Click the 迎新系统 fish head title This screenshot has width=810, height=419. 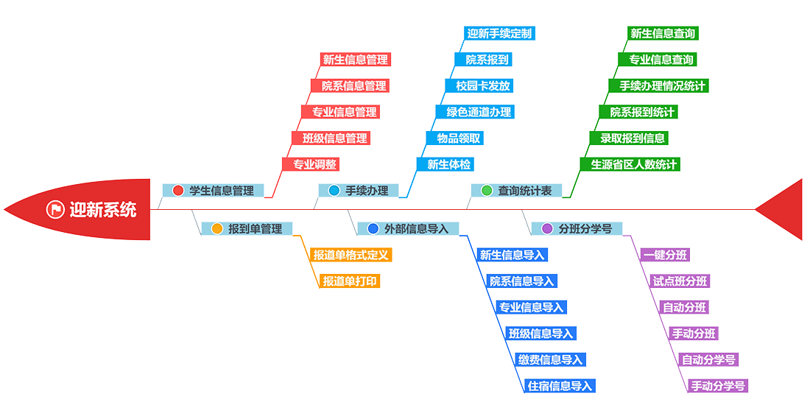102,209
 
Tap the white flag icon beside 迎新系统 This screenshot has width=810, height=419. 55,209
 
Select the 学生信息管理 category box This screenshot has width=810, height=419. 213,191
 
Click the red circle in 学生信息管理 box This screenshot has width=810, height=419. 177,191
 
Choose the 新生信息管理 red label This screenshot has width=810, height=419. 355,60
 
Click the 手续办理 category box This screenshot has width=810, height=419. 359,191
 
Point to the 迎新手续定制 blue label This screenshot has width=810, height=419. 499,33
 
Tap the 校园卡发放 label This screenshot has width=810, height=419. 482,85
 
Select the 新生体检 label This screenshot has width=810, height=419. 448,164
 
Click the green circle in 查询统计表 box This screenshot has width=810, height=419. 486,191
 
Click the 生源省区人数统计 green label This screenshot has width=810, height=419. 634,164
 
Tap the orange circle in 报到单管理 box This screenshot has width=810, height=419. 216,228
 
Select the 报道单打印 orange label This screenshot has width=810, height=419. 351,281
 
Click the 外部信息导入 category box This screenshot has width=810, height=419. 408,228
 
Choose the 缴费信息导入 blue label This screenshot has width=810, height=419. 550,359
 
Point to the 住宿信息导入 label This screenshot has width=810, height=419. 560,386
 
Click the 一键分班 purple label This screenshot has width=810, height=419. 665,255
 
